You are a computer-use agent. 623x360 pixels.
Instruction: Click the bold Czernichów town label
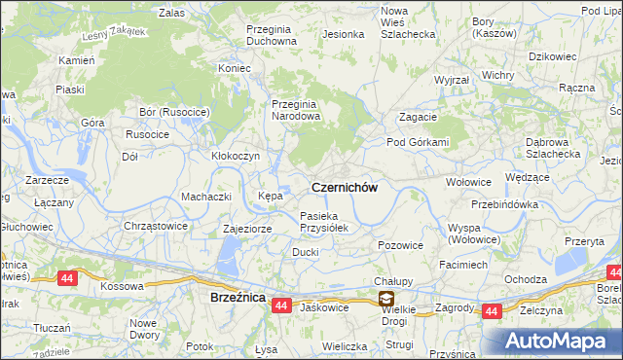click(344, 185)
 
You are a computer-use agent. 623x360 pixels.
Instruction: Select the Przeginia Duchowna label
click(258, 35)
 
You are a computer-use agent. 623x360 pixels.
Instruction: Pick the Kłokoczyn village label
click(236, 156)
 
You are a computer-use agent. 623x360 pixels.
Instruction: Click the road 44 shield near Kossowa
click(67, 278)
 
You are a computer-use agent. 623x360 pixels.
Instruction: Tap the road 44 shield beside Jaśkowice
click(281, 306)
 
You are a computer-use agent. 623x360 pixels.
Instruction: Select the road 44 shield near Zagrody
click(493, 311)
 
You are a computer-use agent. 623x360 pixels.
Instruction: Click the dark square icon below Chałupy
click(386, 300)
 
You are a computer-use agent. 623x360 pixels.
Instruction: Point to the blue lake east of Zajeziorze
click(228, 259)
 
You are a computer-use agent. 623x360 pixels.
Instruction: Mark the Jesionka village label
click(343, 34)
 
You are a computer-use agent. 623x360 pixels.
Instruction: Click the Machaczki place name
click(204, 197)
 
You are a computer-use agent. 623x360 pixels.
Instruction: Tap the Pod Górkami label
click(418, 142)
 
